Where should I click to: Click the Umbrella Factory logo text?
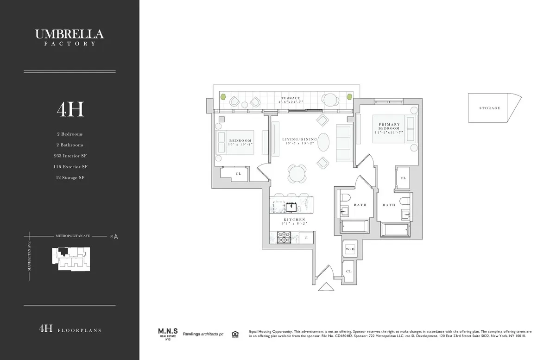[x=69, y=37]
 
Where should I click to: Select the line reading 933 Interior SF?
[x=69, y=156]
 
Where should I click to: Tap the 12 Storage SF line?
[x=69, y=177]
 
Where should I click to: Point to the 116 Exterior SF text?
[x=69, y=167]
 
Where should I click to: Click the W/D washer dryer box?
[x=349, y=249]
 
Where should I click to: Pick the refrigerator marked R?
[x=306, y=238]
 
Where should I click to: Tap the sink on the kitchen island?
[x=291, y=206]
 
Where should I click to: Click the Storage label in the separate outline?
[x=490, y=108]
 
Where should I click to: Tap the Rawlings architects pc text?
[x=203, y=334]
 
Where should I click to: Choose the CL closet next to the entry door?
[x=348, y=272]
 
